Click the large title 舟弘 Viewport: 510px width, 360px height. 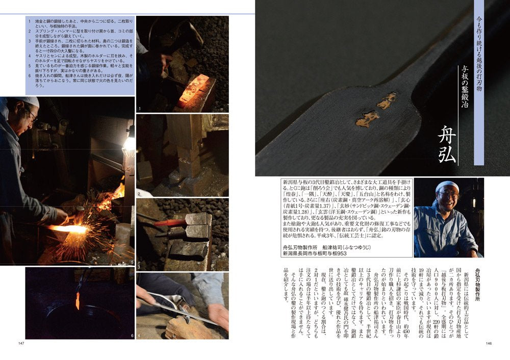pos(447,144)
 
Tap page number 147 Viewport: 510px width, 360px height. pos(21,343)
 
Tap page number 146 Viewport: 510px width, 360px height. pos(489,343)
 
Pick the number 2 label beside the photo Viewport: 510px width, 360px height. pos(139,194)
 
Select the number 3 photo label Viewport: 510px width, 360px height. pos(139,267)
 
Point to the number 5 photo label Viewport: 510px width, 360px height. pos(132,262)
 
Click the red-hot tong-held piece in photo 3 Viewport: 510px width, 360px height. pos(170,222)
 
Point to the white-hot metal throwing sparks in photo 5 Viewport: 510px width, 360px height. pos(69,229)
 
